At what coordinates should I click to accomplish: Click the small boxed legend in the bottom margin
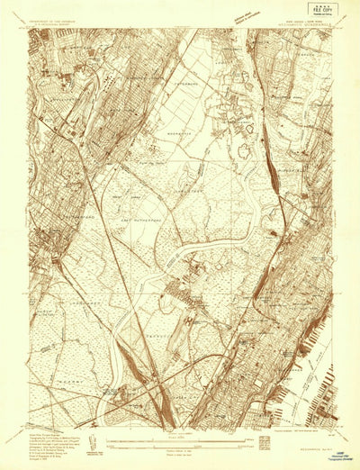click(x=264, y=442)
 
